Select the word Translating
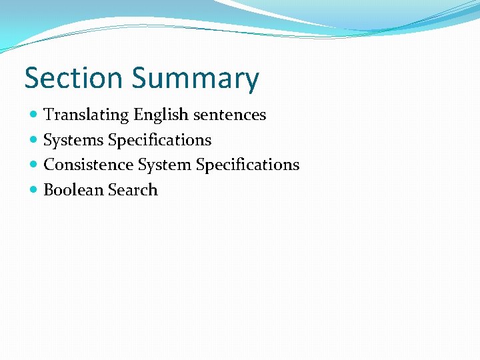click(x=86, y=115)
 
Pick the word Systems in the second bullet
click(x=73, y=141)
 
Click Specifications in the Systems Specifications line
click(x=159, y=141)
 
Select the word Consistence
click(x=89, y=165)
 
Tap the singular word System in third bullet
click(x=165, y=165)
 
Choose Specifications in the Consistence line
click(x=247, y=165)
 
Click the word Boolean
click(x=73, y=190)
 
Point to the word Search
click(x=133, y=190)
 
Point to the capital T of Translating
click(x=48, y=115)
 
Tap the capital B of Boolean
click(x=48, y=190)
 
